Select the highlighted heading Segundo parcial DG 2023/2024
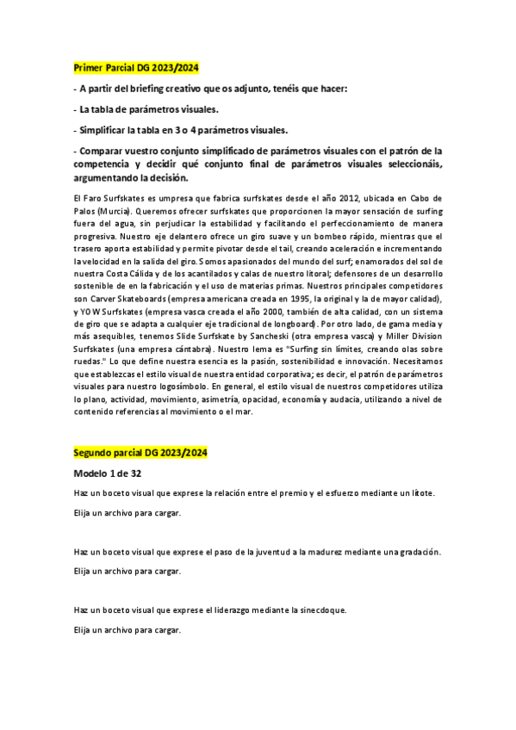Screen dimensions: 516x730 tap(141, 452)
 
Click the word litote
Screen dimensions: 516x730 tap(420, 493)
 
